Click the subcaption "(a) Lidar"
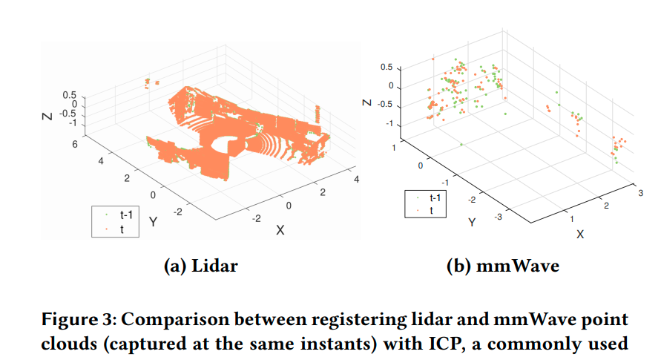pyautogui.click(x=200, y=265)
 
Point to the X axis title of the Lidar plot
pyautogui.click(x=280, y=229)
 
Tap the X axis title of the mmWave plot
pyautogui.click(x=580, y=234)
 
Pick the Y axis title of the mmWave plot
pyautogui.click(x=471, y=222)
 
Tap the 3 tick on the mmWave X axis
pyautogui.click(x=639, y=193)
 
